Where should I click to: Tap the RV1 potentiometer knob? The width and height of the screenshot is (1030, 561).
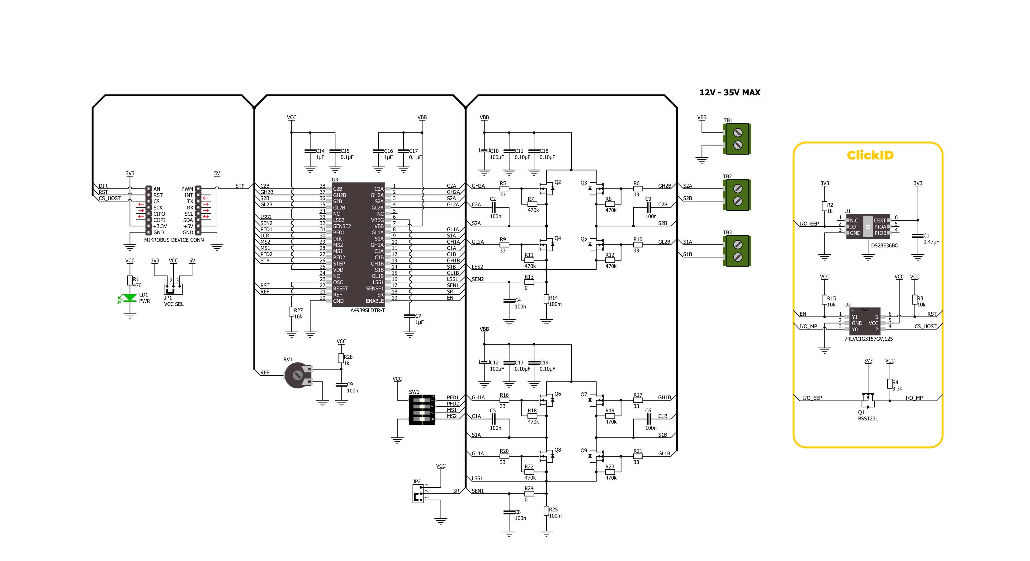(297, 375)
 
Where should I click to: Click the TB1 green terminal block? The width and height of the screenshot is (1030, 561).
(737, 138)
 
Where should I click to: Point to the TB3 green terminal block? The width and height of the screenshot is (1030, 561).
(737, 251)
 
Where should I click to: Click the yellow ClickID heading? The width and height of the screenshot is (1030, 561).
(870, 155)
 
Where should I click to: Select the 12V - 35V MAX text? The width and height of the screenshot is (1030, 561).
(730, 93)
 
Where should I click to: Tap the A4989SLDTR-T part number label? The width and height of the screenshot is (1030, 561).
(367, 310)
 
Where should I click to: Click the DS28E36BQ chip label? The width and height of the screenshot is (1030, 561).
(885, 246)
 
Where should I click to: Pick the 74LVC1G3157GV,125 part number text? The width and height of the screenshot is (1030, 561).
(868, 339)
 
